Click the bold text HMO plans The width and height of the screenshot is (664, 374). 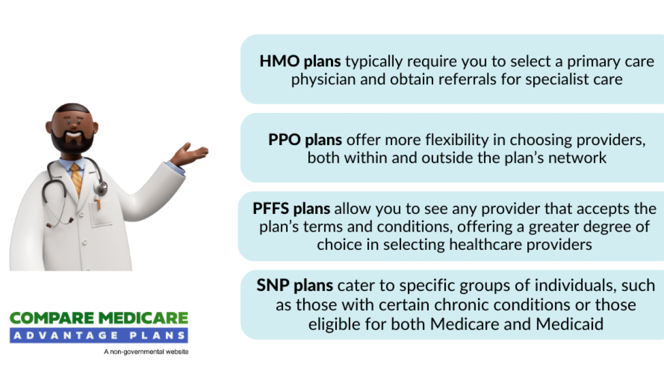tap(300, 61)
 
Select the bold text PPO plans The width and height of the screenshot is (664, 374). tap(305, 140)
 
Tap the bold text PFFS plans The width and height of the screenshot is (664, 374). tap(291, 209)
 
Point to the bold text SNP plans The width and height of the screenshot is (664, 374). tap(294, 285)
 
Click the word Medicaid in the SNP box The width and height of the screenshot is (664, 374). tap(569, 324)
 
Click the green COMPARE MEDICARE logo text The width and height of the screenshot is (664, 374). tap(99, 318)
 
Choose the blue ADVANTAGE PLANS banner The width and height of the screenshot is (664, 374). tap(99, 335)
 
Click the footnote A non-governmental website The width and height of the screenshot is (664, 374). tap(146, 352)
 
